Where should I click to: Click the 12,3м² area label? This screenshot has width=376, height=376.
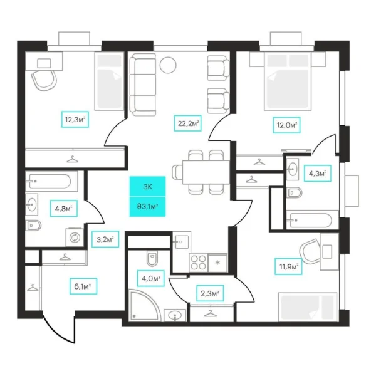pyautogui.click(x=74, y=118)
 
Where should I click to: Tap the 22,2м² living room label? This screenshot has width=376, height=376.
pyautogui.click(x=187, y=124)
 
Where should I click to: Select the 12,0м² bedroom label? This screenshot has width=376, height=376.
pyautogui.click(x=285, y=124)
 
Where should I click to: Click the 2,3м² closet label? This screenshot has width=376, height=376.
pyautogui.click(x=211, y=292)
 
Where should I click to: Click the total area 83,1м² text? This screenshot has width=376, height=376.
pyautogui.click(x=147, y=205)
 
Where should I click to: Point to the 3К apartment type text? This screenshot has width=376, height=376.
pyautogui.click(x=147, y=187)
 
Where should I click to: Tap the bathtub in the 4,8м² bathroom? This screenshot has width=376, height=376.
pyautogui.click(x=51, y=182)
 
